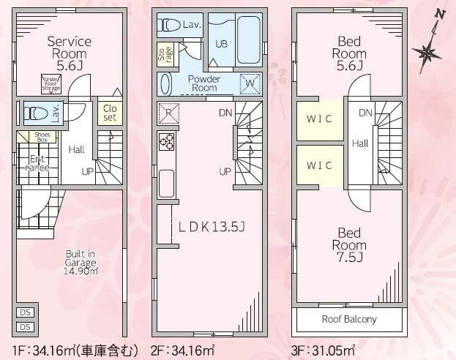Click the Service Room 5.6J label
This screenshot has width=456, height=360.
(x=69, y=53)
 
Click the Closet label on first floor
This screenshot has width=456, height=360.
(x=109, y=113)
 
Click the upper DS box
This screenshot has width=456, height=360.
(x=25, y=312)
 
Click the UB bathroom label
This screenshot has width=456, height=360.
(x=220, y=43)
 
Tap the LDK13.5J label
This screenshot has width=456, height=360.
(x=212, y=227)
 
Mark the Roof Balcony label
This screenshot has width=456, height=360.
(x=349, y=320)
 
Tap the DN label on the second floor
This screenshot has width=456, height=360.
(x=225, y=113)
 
